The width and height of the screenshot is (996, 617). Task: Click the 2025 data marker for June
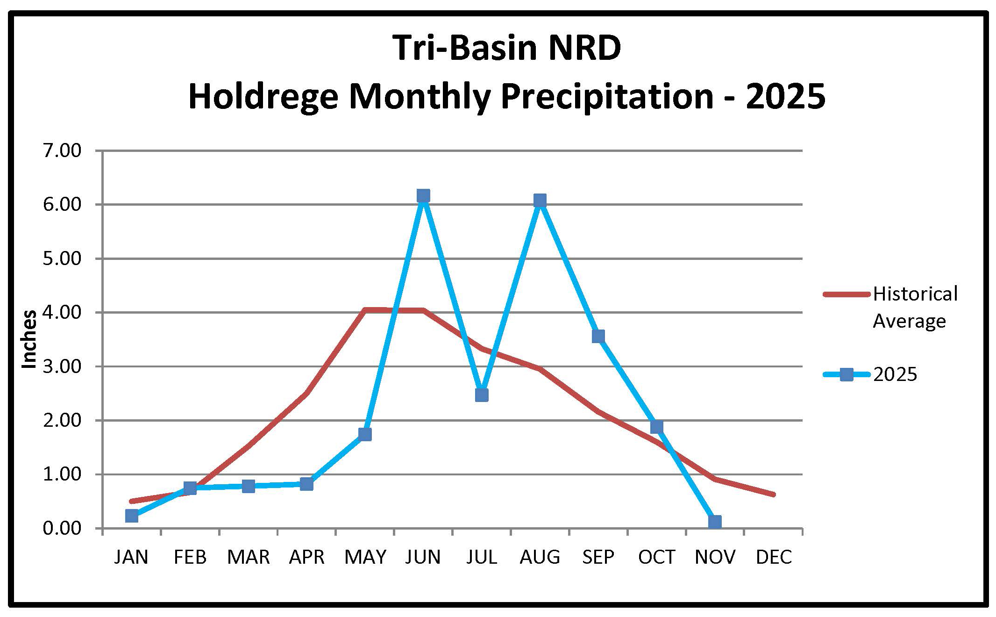(x=423, y=195)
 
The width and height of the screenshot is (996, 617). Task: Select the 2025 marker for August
(x=540, y=201)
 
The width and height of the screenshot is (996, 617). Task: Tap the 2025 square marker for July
(x=482, y=395)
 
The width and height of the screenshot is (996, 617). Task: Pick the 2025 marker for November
(x=715, y=522)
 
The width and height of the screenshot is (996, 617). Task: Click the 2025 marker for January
(x=132, y=516)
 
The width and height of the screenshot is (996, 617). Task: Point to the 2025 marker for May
(x=365, y=434)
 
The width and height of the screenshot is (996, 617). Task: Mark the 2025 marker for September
(x=598, y=336)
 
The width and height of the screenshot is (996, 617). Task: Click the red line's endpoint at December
(x=773, y=495)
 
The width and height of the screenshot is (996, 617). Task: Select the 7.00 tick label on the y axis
(x=62, y=151)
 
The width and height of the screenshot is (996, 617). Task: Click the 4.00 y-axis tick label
(x=62, y=313)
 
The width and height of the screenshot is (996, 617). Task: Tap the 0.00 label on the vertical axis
(x=62, y=529)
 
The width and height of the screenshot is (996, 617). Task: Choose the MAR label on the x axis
(x=249, y=557)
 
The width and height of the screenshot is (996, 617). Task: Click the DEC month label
(x=774, y=557)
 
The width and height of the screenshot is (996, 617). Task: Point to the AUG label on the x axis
(x=540, y=557)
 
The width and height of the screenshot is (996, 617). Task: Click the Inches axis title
(x=29, y=339)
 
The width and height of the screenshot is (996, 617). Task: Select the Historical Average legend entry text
(x=914, y=307)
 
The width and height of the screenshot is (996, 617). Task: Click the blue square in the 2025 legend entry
(x=846, y=374)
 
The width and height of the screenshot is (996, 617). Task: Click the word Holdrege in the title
(x=263, y=96)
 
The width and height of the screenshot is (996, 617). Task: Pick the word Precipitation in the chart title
(x=607, y=96)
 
